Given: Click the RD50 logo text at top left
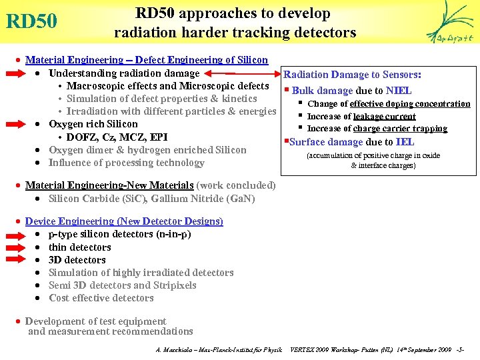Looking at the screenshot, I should pyautogui.click(x=31, y=21).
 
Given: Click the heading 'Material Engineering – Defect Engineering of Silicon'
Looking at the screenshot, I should pyautogui.click(x=146, y=60).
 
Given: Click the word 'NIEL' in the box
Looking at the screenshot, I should pyautogui.click(x=399, y=91).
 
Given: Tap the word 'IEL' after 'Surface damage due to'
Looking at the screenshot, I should pyautogui.click(x=405, y=142).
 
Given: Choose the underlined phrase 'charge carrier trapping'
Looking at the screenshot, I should pyautogui.click(x=400, y=129).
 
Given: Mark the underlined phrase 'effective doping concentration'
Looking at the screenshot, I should pyautogui.click(x=410, y=104).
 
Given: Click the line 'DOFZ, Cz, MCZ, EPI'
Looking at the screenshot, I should pyautogui.click(x=117, y=137).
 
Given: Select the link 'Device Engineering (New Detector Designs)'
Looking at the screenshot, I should pyautogui.click(x=124, y=221).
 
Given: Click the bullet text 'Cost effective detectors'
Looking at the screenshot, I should pyautogui.click(x=101, y=298).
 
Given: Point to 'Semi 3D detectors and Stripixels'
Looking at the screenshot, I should pyautogui.click(x=123, y=285).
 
